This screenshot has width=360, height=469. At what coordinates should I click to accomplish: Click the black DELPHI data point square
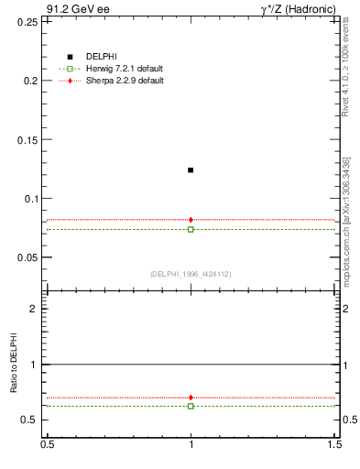[x=191, y=169]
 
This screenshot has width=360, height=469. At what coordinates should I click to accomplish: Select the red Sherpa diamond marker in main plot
[x=191, y=220]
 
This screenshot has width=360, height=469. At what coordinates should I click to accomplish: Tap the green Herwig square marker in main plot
[x=191, y=229]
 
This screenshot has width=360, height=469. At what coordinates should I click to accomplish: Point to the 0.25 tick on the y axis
[x=29, y=21]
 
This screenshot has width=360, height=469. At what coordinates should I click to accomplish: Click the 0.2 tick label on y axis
[x=32, y=81]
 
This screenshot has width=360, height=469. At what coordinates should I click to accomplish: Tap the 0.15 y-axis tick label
[x=29, y=140]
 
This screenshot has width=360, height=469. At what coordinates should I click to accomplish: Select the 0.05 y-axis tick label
[x=29, y=257]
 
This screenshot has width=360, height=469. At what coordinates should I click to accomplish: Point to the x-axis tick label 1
[x=191, y=443]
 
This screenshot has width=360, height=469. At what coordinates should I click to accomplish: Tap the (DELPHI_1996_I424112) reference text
[x=190, y=274]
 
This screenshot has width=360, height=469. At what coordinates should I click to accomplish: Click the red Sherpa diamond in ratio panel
[x=191, y=398]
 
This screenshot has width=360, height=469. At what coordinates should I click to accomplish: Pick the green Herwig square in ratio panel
[x=191, y=406]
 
